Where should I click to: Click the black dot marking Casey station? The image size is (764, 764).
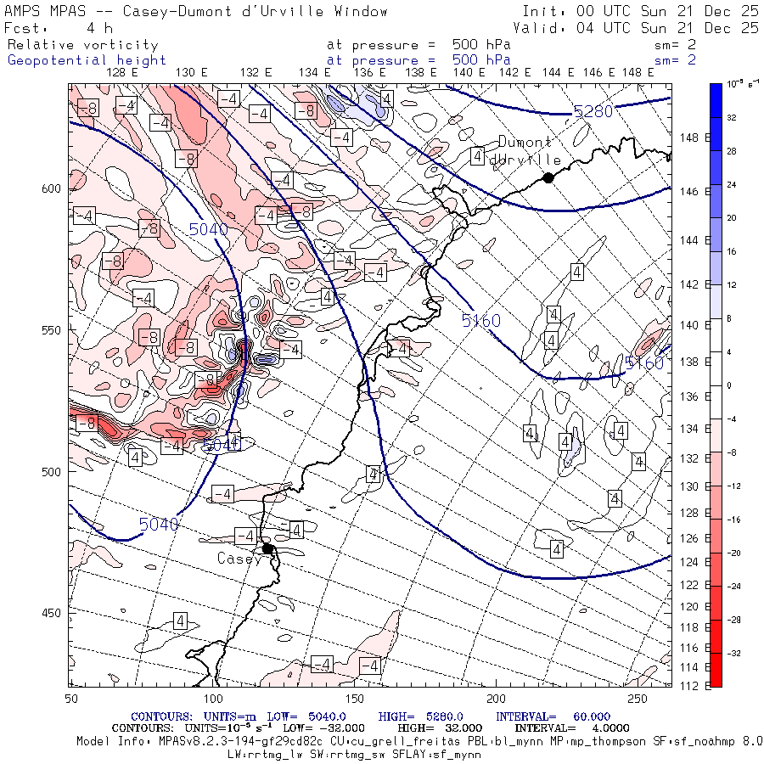coord(267,548)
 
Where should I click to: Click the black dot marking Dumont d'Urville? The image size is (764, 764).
coord(548,177)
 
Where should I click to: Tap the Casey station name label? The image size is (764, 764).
coord(239,559)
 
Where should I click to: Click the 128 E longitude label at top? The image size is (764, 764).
coord(124,72)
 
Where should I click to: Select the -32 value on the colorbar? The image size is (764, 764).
coord(733,653)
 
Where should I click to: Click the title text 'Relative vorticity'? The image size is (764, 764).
coord(83,44)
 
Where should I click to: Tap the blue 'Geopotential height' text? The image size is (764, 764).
coord(87,60)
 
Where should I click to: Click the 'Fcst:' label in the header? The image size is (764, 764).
coord(25,28)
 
